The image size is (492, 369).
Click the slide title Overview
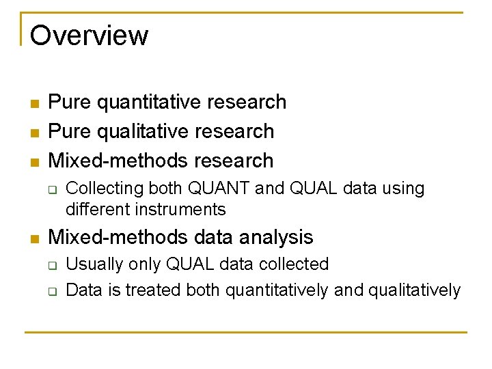click(x=89, y=35)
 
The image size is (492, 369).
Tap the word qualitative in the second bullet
click(x=141, y=131)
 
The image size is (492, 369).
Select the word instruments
click(x=184, y=209)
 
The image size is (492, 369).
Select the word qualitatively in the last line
click(x=414, y=290)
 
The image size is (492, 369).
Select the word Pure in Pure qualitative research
click(x=70, y=131)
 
